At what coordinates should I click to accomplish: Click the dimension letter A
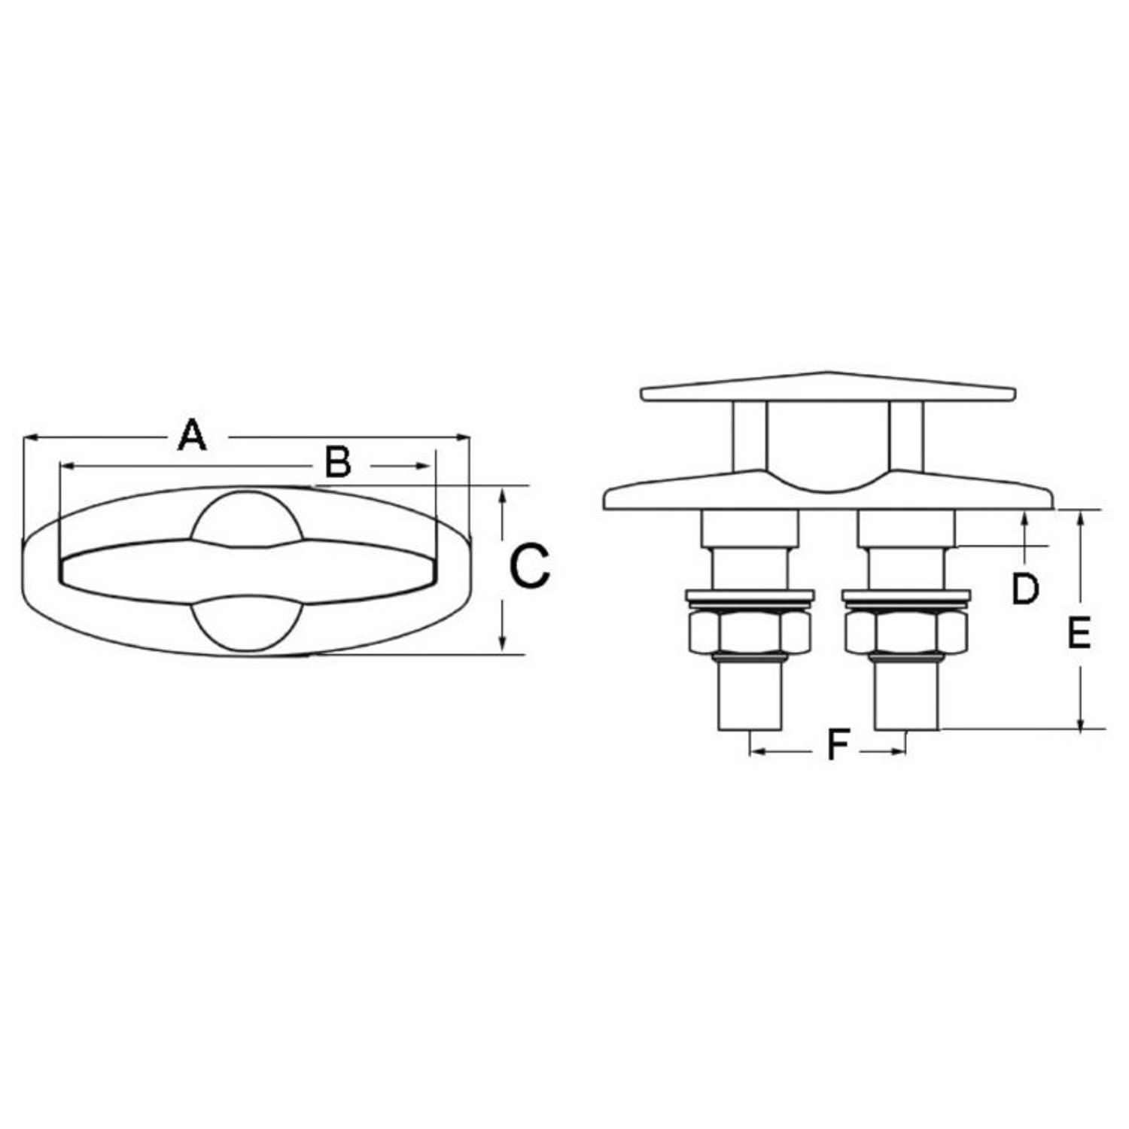click(x=192, y=436)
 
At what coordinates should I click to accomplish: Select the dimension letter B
click(x=338, y=462)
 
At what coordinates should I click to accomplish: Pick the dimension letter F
click(x=838, y=745)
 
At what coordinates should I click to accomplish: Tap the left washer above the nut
click(x=750, y=596)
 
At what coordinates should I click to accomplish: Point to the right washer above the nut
click(x=906, y=596)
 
